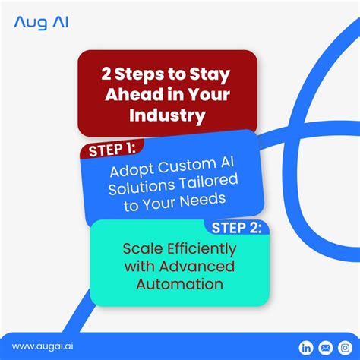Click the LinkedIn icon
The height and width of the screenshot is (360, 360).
coord(307,347)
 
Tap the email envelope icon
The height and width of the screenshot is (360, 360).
coord(325,347)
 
